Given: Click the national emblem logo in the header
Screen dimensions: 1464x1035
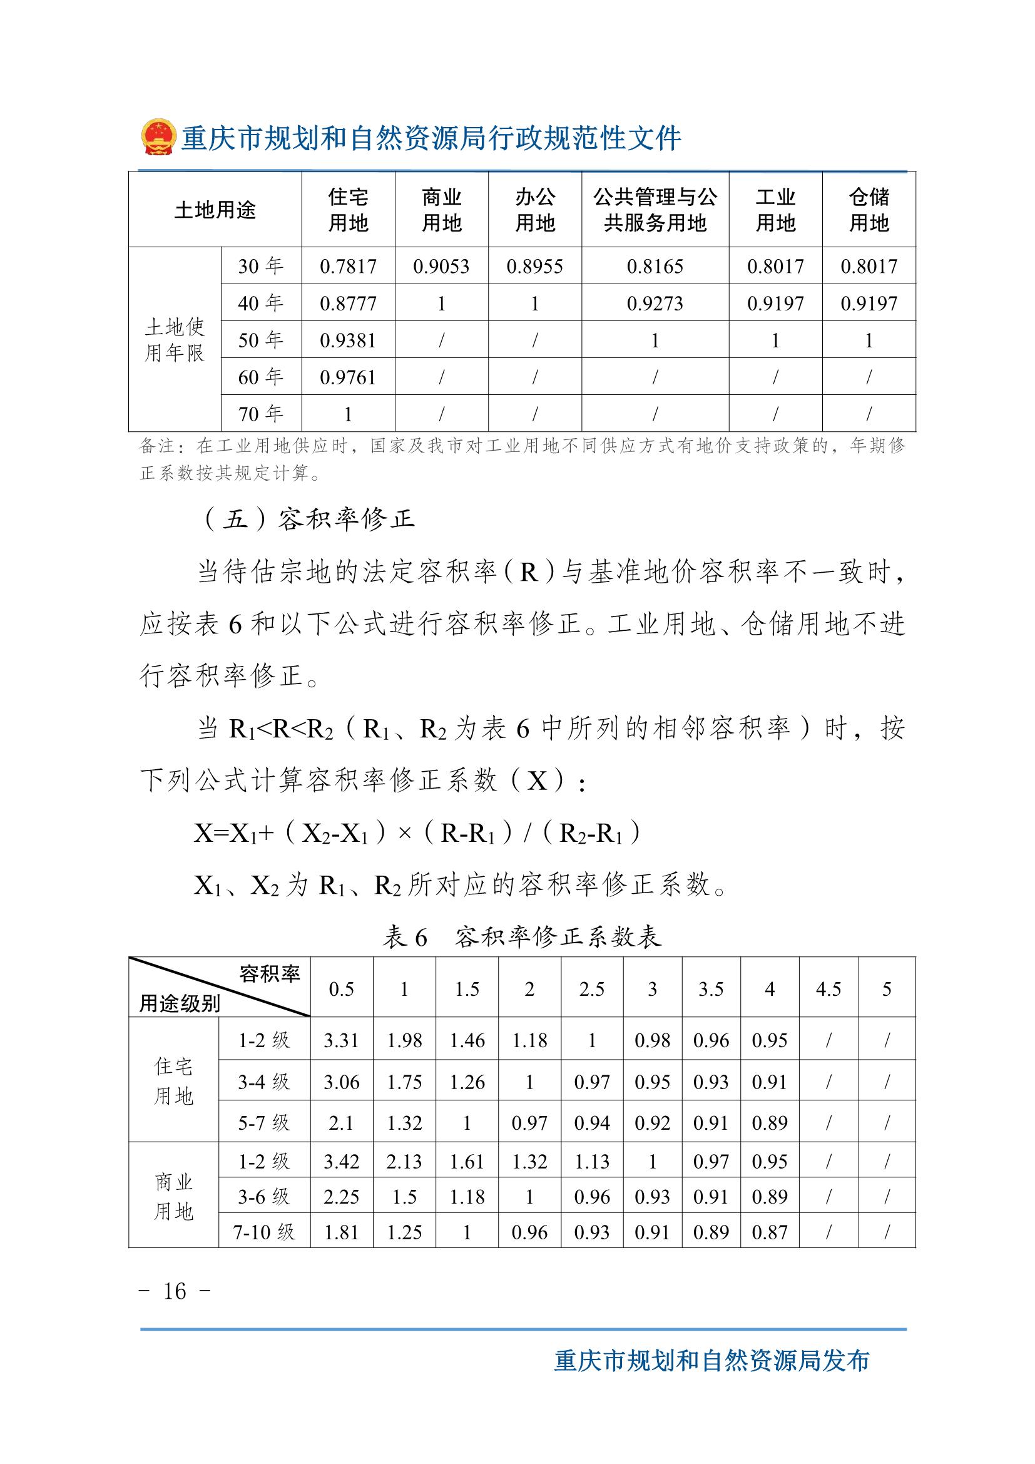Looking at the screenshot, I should (x=158, y=136).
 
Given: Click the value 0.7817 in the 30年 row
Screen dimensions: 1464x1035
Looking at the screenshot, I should (x=348, y=266).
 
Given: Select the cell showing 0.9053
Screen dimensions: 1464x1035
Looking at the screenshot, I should (x=441, y=266).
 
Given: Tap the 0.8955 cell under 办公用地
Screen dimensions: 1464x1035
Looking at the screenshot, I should (x=534, y=266).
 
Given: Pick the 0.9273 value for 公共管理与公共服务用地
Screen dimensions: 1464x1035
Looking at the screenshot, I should (x=655, y=303).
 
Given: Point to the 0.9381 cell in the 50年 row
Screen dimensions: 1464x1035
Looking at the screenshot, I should (x=348, y=340).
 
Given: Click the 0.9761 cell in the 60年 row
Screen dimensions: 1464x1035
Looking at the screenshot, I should (x=348, y=377).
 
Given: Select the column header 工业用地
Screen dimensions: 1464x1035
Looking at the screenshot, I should (x=775, y=210).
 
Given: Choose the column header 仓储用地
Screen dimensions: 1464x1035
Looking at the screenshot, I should (x=869, y=210).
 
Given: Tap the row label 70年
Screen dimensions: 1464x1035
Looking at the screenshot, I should (x=261, y=414).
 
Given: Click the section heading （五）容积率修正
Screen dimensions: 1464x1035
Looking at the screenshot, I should (x=308, y=519).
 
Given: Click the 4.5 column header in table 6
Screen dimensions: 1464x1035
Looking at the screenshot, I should (x=829, y=989).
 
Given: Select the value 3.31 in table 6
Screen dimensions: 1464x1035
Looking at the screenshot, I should (x=341, y=1041).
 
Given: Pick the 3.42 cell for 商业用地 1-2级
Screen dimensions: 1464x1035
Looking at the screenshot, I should (x=341, y=1162).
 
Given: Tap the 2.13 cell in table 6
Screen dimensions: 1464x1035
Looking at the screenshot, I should (x=404, y=1162).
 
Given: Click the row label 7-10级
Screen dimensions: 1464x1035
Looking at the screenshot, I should (x=264, y=1232).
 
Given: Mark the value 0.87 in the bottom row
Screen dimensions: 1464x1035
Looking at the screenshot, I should (x=769, y=1232).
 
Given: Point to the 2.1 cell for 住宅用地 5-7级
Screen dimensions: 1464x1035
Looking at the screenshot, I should (x=341, y=1123).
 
